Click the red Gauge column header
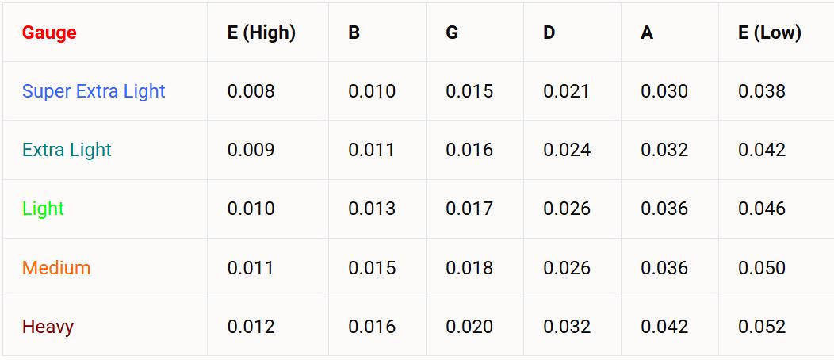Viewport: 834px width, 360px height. (49, 33)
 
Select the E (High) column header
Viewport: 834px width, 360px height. (261, 33)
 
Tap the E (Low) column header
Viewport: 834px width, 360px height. (769, 33)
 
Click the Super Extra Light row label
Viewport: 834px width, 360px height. (94, 91)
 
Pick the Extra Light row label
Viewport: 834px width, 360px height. (67, 150)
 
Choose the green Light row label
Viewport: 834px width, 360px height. (43, 209)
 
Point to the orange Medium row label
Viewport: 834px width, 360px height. (56, 268)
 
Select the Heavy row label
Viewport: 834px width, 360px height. (48, 327)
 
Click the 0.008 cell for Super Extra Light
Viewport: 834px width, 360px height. (251, 91)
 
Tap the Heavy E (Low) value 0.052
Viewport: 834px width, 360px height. (762, 327)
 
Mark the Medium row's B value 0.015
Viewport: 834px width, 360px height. (372, 268)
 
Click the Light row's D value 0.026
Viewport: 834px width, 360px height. (567, 209)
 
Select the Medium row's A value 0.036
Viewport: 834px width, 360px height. (664, 268)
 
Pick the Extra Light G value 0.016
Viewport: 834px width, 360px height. (469, 150)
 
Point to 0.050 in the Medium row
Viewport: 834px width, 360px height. (762, 268)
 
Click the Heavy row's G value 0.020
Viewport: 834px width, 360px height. (469, 327)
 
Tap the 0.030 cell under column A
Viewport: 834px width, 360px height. (664, 91)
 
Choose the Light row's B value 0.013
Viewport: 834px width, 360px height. (372, 209)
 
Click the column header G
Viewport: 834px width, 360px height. (452, 33)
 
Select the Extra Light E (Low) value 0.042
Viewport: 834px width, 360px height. (762, 150)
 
